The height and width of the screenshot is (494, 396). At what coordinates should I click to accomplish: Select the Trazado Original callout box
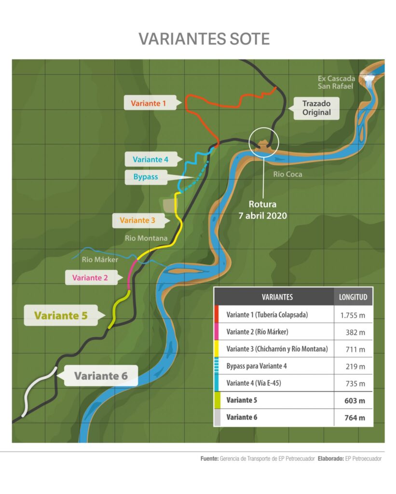[316, 108]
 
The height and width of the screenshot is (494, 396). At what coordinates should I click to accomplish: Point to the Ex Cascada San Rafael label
[337, 82]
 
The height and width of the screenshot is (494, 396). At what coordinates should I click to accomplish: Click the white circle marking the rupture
[264, 142]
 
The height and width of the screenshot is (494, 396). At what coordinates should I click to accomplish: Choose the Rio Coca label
[287, 174]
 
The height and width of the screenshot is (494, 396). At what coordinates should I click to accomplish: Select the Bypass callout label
[145, 177]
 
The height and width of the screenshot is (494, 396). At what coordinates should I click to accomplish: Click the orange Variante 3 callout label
[137, 220]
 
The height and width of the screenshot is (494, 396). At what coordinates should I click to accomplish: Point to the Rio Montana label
[146, 238]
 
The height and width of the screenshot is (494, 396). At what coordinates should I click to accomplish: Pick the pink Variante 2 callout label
[90, 277]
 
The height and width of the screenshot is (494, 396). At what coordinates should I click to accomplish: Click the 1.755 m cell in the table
[353, 315]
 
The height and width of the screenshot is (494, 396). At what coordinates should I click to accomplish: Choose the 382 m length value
[357, 332]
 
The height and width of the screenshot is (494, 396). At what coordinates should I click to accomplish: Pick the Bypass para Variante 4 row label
[257, 366]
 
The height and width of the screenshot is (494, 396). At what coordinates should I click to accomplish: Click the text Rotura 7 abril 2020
[263, 210]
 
